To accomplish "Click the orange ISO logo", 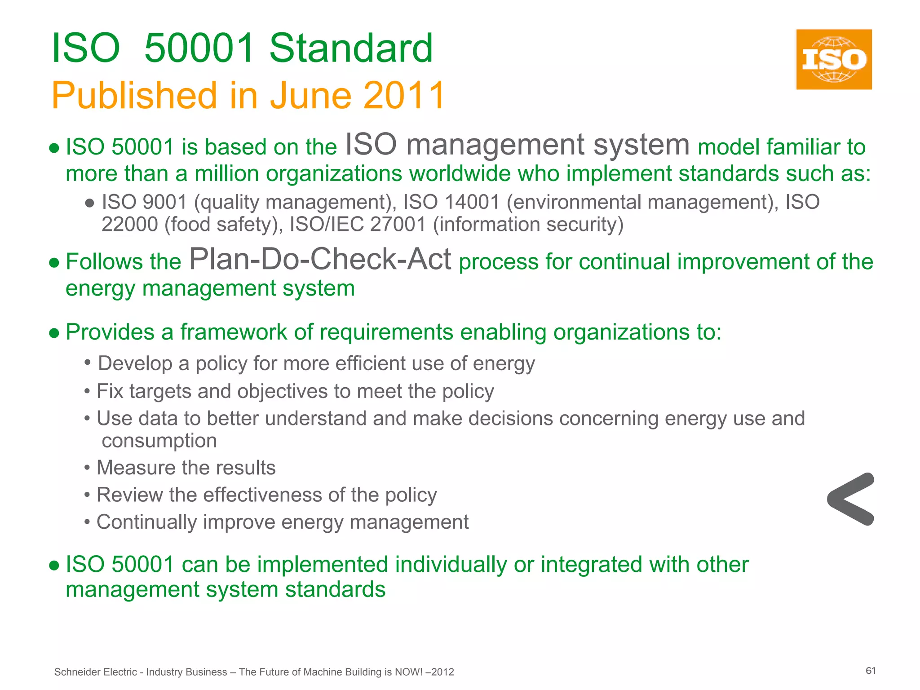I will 834,59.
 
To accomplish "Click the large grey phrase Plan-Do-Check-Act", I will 320,259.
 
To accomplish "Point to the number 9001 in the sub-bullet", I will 164,202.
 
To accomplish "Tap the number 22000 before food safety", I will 129,224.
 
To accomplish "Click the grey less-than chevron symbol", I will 851,499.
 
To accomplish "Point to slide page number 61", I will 871,671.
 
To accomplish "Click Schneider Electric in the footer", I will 95,672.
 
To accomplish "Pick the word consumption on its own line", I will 159,441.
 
